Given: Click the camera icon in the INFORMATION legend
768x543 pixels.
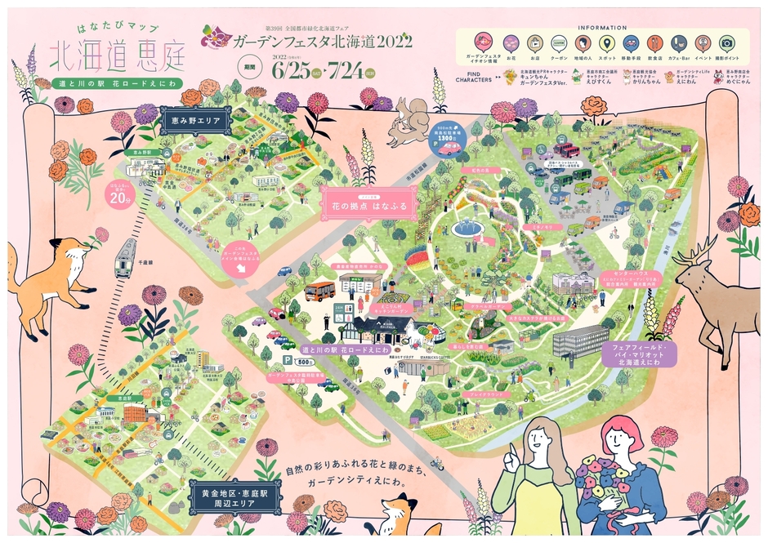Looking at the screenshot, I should tap(726, 43).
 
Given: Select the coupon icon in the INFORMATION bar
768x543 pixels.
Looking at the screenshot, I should tap(559, 43).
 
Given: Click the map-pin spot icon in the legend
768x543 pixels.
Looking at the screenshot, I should tap(606, 43).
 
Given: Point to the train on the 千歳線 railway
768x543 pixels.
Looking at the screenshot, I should tap(124, 258).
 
